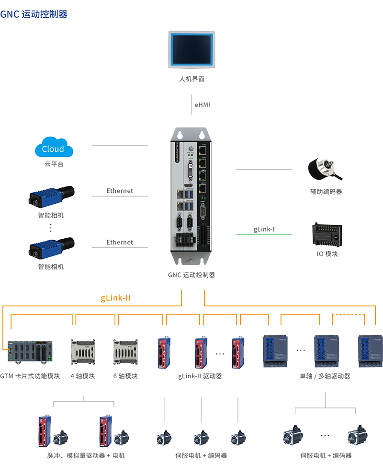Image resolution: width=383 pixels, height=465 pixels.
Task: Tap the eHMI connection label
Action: coord(202,105)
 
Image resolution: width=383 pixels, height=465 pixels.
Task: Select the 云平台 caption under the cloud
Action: coord(54,164)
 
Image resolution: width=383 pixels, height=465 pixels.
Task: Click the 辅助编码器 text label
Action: coord(326,192)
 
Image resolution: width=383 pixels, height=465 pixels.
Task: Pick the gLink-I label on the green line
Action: coord(264,229)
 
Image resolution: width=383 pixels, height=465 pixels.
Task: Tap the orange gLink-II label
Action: coord(116,298)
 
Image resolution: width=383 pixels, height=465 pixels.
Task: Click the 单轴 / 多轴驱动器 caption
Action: coord(325,376)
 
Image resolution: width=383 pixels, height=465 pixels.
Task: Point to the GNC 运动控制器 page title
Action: coord(34,14)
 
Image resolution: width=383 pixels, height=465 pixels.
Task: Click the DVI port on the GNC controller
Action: coord(191,171)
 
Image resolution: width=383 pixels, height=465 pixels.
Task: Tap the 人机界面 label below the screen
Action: coord(191,79)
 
